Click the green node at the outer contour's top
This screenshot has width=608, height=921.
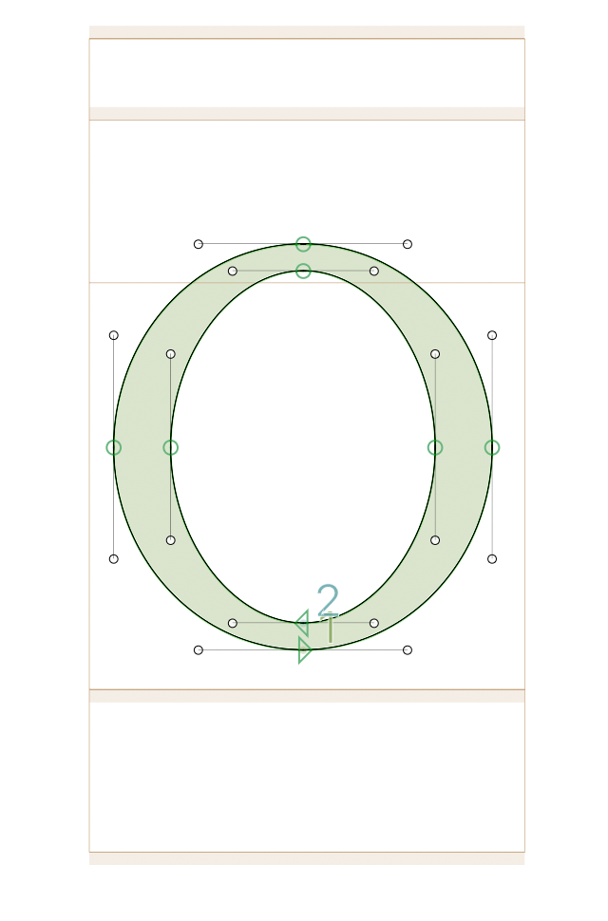303,244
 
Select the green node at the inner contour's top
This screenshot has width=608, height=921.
303,271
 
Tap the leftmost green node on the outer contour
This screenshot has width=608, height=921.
114,447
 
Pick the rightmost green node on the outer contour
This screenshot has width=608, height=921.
492,447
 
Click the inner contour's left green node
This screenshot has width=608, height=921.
170,447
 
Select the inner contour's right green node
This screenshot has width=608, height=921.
435,447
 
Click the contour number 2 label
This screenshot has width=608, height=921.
329,599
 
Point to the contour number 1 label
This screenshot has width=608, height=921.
331,629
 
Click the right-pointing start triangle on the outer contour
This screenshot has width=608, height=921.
304,650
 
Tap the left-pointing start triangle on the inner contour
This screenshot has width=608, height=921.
302,623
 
